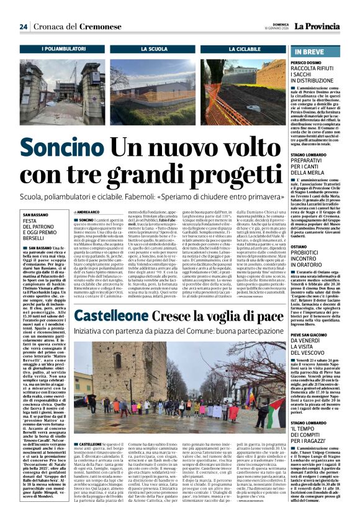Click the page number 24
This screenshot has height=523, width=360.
tap(23, 27)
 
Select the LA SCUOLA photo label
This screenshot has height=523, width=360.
tap(154, 48)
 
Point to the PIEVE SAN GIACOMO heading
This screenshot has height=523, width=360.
tap(318, 335)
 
